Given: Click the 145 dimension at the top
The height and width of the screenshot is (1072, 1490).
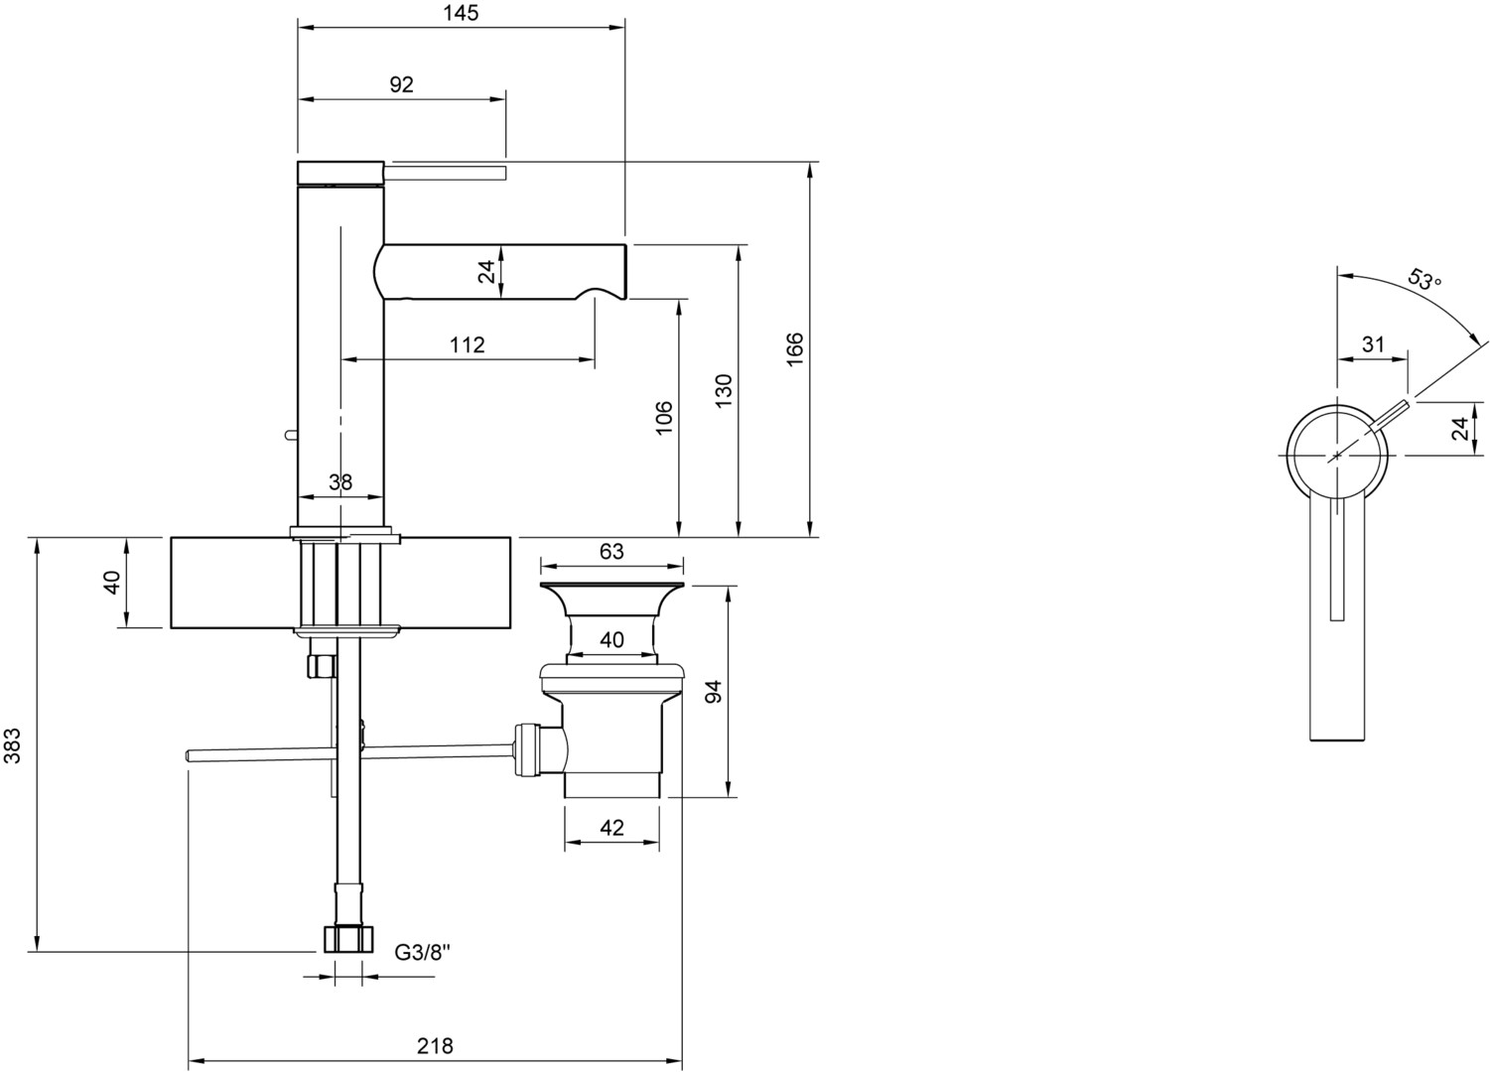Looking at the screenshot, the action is click(x=461, y=13).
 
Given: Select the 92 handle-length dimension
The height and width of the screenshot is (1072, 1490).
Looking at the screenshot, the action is click(x=401, y=84).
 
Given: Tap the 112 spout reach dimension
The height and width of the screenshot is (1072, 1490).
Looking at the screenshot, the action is click(x=467, y=344).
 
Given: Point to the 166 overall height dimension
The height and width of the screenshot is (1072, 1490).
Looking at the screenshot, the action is click(x=795, y=348).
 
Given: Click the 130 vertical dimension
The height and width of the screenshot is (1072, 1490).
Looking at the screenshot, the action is click(x=723, y=391).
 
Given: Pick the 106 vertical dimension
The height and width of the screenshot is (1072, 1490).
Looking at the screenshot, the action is click(x=664, y=418).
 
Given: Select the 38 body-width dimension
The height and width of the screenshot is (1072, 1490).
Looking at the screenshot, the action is click(x=340, y=481).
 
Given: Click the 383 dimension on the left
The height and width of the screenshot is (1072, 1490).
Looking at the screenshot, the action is click(x=13, y=745).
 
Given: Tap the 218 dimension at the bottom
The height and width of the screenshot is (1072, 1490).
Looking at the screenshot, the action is click(x=435, y=1046).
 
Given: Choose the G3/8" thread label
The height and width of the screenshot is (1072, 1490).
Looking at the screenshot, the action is click(x=423, y=952).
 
